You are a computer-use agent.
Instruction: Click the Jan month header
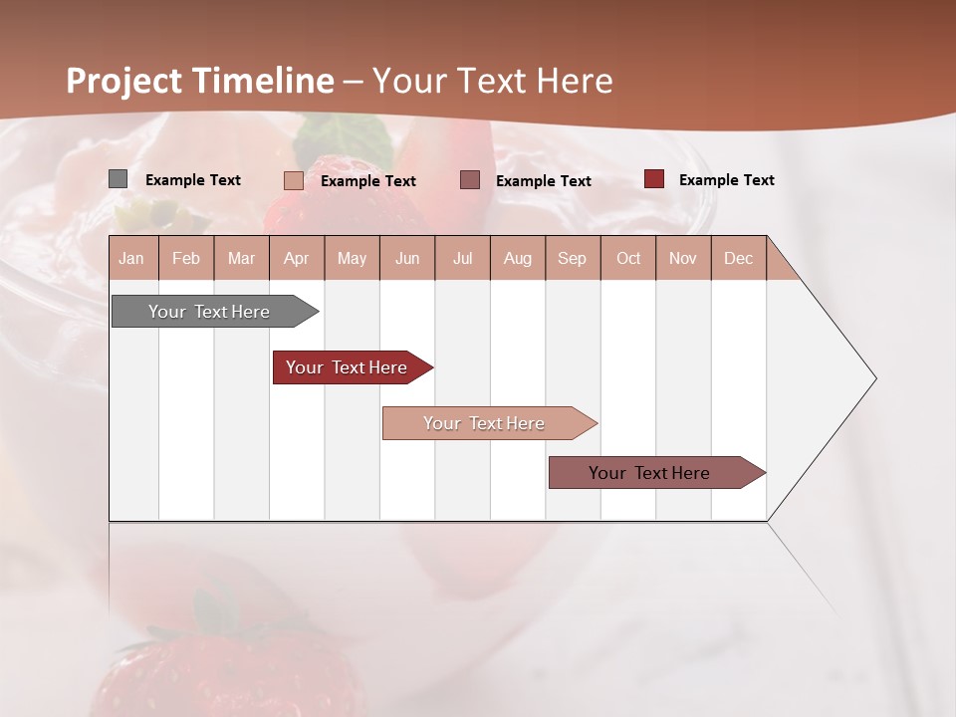tap(131, 258)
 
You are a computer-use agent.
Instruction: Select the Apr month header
tap(296, 258)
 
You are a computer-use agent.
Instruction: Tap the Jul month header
tap(462, 258)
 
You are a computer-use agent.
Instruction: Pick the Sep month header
tap(572, 258)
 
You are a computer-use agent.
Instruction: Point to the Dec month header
tap(738, 258)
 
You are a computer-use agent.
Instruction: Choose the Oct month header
tap(628, 258)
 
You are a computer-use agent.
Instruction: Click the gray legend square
tap(118, 179)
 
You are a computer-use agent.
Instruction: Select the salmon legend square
tap(293, 180)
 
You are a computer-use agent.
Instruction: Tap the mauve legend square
tap(470, 179)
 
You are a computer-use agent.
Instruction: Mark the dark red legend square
tap(653, 179)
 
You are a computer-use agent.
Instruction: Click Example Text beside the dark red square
tap(726, 179)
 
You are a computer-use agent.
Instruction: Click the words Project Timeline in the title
tap(199, 81)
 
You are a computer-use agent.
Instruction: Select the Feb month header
tap(186, 258)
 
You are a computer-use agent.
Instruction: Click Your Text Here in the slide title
tap(493, 81)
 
